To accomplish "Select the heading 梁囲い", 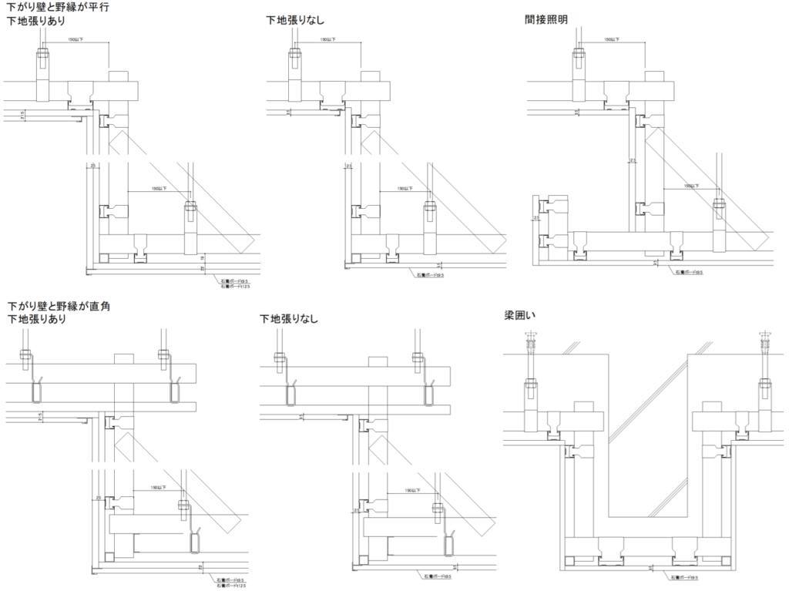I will tap(519, 317).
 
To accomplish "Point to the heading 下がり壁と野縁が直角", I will tap(59, 306).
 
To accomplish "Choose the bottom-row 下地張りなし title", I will tap(289, 318).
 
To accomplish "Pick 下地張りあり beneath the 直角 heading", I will tap(36, 318).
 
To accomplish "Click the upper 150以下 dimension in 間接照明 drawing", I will tap(613, 39).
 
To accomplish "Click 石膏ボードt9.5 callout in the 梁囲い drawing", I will tap(683, 576).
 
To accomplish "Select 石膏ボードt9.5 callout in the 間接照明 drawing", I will tap(687, 271).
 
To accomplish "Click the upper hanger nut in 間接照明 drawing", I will tap(580, 53).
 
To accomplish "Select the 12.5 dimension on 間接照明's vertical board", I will tap(632, 161).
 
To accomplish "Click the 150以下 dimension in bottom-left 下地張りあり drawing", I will tap(156, 487).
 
